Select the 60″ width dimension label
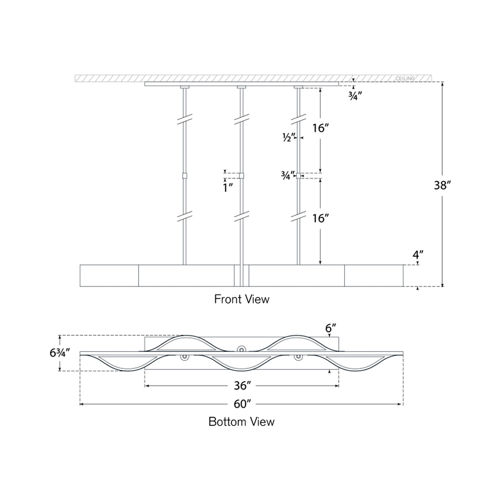pos(242,404)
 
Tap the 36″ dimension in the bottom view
pos(242,385)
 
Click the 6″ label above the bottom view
pos(331,328)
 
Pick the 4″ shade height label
pos(418,255)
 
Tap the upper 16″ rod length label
pos(320,128)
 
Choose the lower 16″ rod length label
pos(320,218)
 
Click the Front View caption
pos(242,299)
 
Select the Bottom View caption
pos(242,421)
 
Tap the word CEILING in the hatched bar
pos(405,79)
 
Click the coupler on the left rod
pos(184,176)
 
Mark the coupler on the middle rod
pos(241,176)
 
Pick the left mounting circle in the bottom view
pos(185,357)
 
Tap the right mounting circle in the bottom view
pos(298,357)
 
